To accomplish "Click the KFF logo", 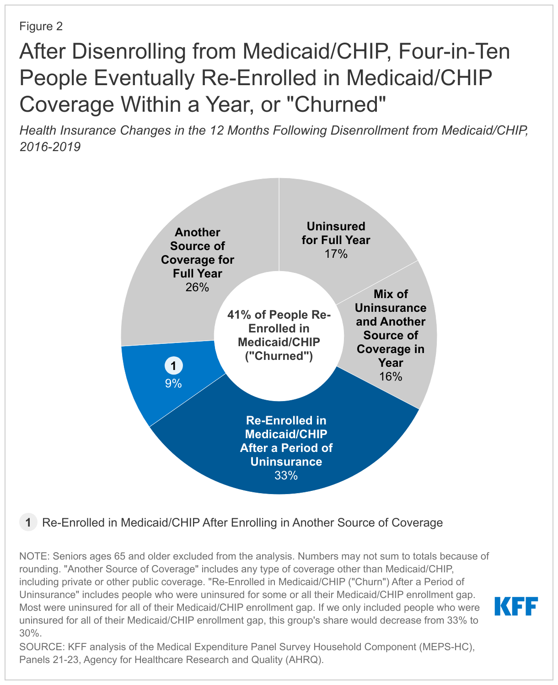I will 516,606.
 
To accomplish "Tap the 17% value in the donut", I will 336,254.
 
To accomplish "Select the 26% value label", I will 198,288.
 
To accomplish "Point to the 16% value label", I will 391,377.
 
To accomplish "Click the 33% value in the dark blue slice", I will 286,476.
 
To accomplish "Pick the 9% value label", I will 173,384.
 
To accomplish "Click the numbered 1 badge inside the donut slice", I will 173,366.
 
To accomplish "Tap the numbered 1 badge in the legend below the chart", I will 28,522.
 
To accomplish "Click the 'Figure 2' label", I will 41,26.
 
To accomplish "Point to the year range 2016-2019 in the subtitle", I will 50,147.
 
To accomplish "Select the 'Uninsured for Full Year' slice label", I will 336,233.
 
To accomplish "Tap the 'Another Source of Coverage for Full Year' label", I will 198,253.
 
